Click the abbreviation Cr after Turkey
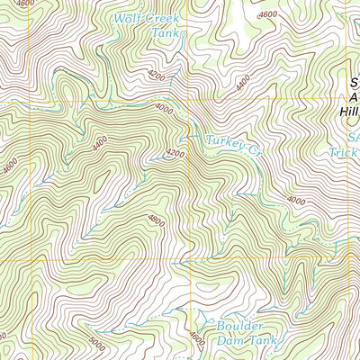click(x=256, y=140)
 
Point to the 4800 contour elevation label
click(x=156, y=219)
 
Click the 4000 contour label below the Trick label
click(x=296, y=200)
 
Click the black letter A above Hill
click(x=353, y=96)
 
